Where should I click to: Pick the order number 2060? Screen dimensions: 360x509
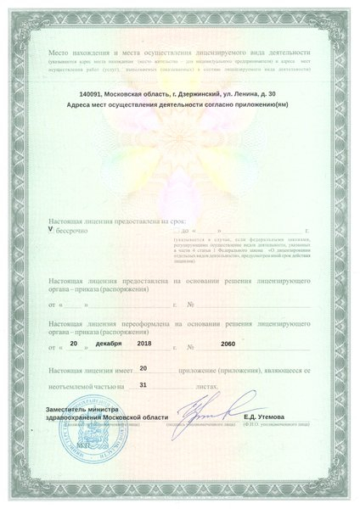click(226, 345)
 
